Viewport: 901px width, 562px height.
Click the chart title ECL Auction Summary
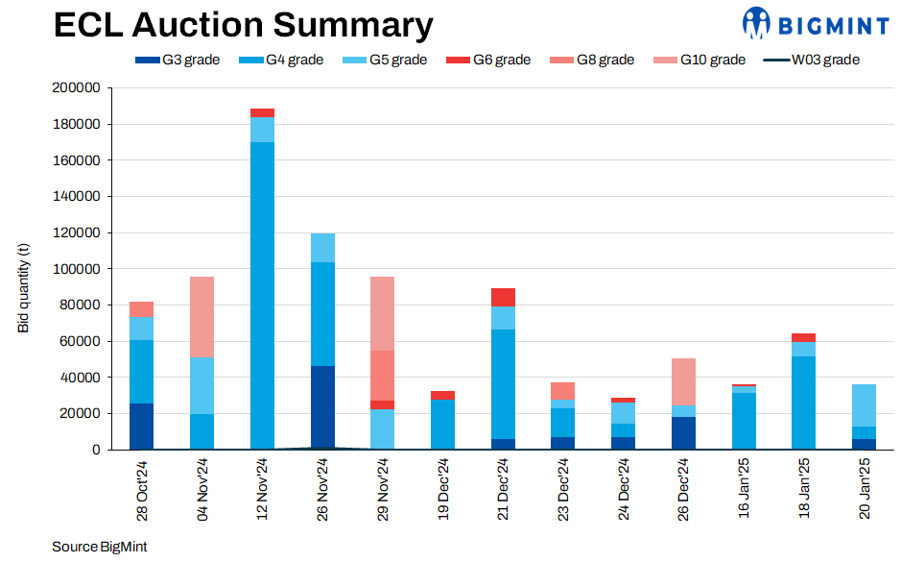point(243,24)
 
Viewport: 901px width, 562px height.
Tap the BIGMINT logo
point(815,23)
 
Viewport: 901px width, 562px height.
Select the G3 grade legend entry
point(178,60)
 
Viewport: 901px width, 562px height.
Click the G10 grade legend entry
point(699,60)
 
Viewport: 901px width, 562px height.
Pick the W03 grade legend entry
point(812,60)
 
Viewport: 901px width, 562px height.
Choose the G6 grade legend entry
point(488,60)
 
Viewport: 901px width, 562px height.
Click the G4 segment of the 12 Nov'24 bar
point(262,288)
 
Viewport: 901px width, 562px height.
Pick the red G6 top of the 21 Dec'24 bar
point(503,297)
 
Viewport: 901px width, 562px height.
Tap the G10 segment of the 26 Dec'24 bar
point(683,381)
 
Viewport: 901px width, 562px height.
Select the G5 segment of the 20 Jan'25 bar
point(865,405)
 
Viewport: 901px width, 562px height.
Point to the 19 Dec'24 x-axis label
point(443,490)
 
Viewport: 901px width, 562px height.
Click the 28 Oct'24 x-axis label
point(142,490)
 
